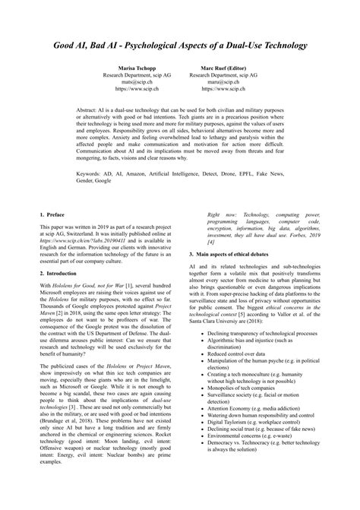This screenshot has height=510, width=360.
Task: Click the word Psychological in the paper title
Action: click(163, 46)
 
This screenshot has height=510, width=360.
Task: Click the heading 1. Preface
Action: click(53, 217)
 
